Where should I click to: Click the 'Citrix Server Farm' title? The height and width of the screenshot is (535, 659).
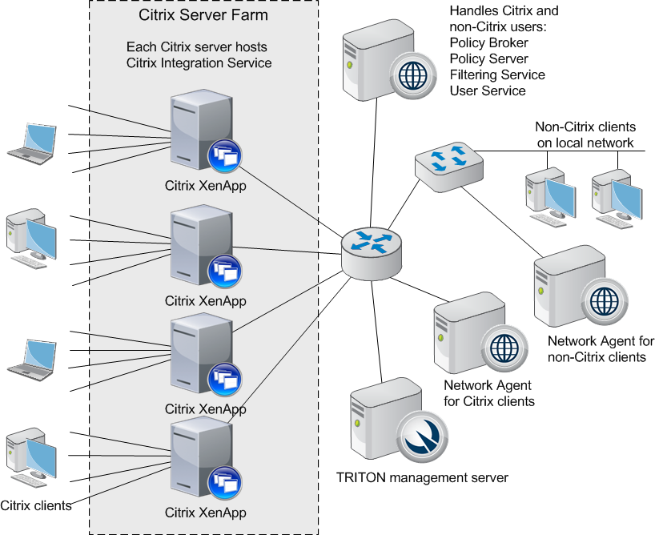203,15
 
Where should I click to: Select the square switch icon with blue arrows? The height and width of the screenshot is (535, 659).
449,167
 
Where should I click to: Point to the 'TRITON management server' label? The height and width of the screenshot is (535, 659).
422,478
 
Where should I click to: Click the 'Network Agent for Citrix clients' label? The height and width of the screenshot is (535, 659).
488,393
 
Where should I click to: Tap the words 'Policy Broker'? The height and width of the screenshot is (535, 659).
488,43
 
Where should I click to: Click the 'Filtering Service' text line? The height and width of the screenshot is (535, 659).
497,74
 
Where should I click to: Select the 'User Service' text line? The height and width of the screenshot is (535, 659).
488,91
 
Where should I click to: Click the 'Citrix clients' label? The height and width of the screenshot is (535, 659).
36,505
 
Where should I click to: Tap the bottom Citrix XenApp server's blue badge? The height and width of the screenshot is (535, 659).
225,482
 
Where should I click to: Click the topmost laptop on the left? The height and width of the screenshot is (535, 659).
32,143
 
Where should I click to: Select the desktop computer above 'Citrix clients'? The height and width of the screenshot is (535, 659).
31,458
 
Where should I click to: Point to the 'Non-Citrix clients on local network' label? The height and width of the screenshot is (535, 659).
585,135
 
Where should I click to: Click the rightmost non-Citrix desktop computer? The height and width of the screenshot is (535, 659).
617,199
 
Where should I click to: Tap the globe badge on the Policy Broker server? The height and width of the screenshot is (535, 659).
412,75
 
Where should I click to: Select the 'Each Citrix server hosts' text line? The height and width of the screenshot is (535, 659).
197,47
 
